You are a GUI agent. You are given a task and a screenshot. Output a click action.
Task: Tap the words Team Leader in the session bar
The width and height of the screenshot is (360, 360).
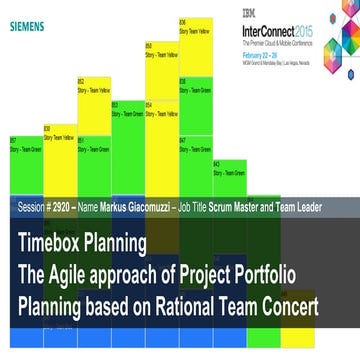click(298, 209)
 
